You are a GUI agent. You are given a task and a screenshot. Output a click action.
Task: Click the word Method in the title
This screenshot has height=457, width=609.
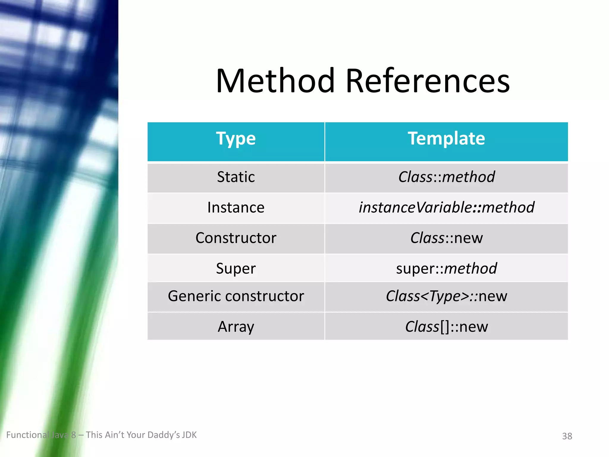click(x=275, y=81)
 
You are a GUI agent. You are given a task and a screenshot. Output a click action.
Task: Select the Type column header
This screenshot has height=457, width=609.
click(x=236, y=139)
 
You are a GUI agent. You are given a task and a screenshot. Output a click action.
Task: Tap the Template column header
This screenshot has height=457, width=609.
click(x=446, y=139)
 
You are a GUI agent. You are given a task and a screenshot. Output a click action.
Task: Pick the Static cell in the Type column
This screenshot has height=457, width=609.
click(x=236, y=177)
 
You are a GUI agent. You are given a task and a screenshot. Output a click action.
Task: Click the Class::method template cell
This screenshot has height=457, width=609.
click(x=446, y=177)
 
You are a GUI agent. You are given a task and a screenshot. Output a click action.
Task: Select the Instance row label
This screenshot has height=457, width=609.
click(x=236, y=207)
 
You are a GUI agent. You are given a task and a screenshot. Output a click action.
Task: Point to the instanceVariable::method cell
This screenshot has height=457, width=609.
click(x=446, y=207)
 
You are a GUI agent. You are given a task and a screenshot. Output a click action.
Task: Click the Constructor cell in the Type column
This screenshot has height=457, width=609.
click(x=236, y=238)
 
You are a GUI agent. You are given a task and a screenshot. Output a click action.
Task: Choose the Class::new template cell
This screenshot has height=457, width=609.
click(x=446, y=238)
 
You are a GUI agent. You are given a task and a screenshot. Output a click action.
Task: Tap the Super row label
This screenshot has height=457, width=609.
click(x=236, y=268)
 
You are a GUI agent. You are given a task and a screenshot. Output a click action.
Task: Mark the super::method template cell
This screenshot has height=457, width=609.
click(x=446, y=268)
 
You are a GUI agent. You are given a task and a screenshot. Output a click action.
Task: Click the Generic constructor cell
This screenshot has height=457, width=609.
click(x=236, y=296)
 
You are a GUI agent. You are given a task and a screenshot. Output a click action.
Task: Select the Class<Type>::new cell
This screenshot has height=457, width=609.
click(x=446, y=296)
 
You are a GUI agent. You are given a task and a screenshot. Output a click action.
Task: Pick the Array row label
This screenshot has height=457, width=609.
click(x=236, y=327)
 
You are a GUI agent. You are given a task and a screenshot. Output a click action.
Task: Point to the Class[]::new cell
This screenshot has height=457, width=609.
click(x=446, y=327)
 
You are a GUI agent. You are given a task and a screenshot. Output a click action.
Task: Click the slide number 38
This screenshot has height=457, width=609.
click(x=567, y=436)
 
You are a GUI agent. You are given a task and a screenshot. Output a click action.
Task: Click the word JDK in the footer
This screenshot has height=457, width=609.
click(x=189, y=435)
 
